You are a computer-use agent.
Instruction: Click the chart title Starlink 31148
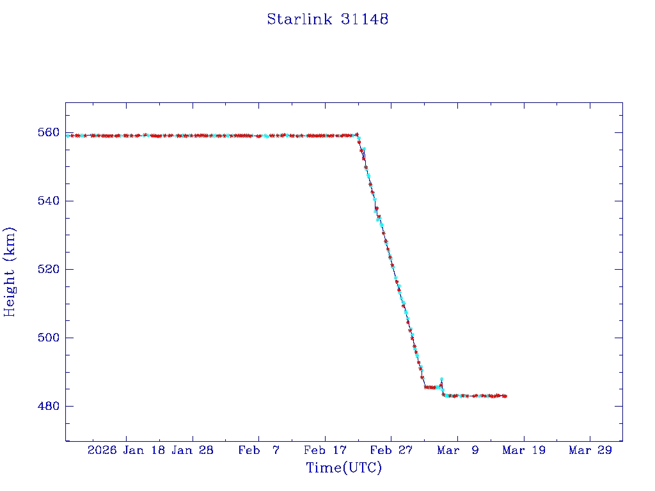click(327, 20)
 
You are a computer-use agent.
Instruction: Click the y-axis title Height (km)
click(10, 272)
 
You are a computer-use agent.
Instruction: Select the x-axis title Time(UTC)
click(343, 469)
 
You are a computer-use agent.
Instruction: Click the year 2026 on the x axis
click(102, 451)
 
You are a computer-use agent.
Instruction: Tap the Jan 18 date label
click(145, 451)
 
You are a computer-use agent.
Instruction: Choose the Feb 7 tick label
click(258, 451)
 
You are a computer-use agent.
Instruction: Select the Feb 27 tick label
click(391, 451)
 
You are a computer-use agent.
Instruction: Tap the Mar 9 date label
click(457, 451)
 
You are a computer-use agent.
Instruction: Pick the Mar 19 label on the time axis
click(524, 451)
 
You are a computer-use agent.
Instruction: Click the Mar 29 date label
click(590, 451)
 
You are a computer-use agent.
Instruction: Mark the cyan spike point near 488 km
click(441, 380)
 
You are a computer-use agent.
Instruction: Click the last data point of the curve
click(505, 396)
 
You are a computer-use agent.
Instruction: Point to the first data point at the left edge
click(68, 136)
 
